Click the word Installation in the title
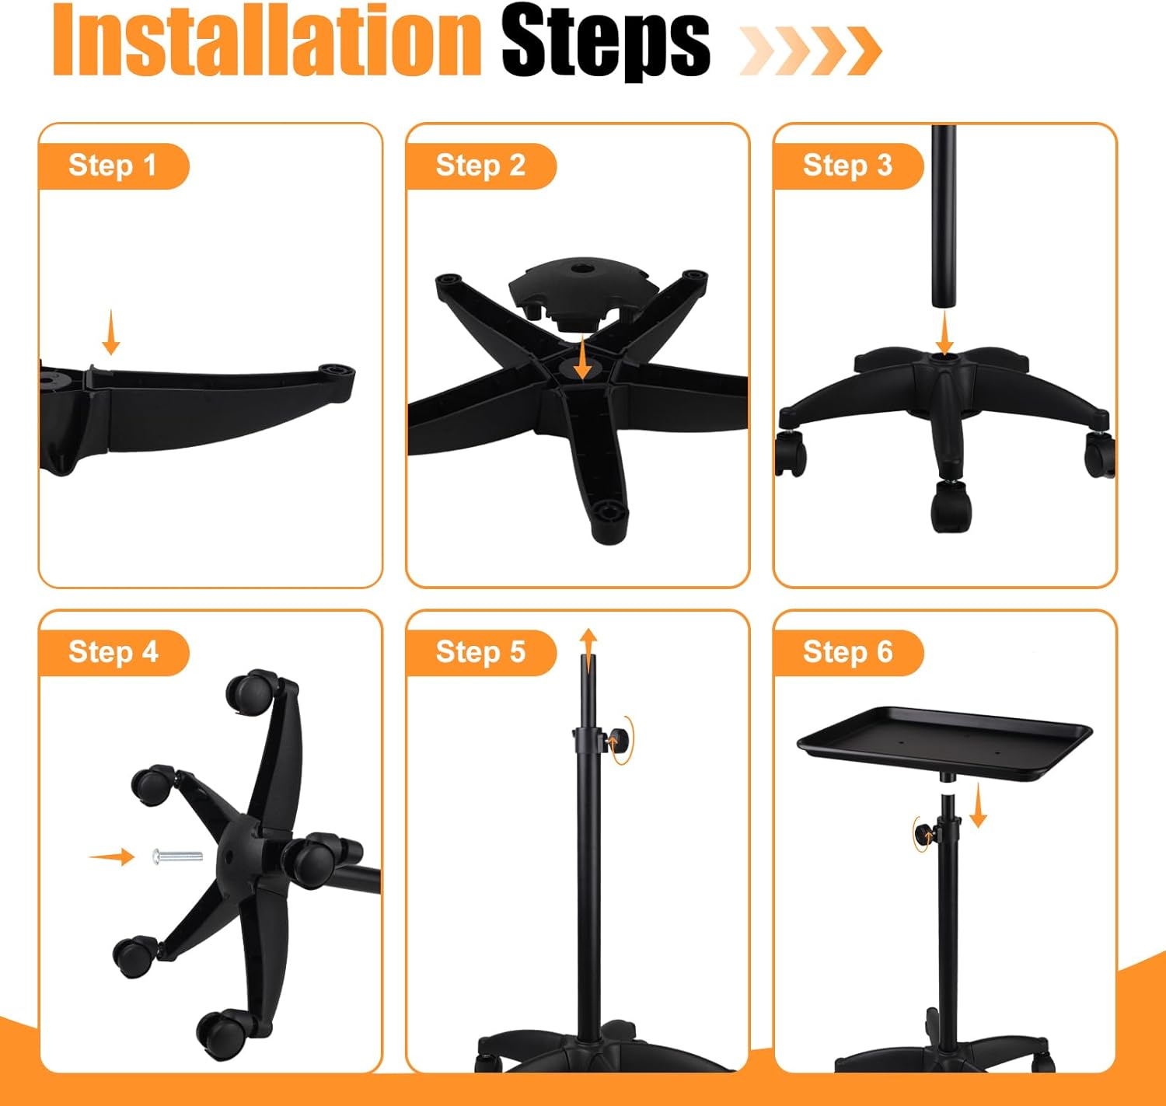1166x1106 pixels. coord(267,40)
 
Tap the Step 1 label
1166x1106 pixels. coord(113,166)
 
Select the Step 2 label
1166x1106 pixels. coord(480,166)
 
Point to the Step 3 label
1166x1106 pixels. coord(847,166)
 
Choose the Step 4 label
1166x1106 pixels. coord(113,652)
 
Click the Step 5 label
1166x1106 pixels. coord(480,652)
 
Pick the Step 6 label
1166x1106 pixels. coord(847,652)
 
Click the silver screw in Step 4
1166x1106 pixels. coord(176,857)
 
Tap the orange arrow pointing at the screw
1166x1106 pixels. coord(112,857)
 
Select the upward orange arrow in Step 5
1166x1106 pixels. coord(588,651)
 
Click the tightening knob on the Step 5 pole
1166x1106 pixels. coord(615,741)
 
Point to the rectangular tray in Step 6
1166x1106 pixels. coord(944,742)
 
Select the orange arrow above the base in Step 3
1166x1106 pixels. coord(944,336)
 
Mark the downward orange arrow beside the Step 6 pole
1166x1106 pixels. coord(978,805)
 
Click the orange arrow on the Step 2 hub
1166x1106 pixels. coord(583,358)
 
